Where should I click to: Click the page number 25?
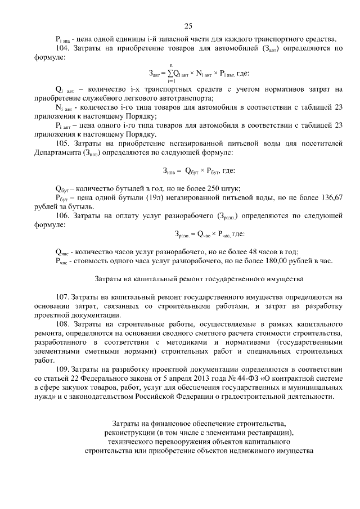point(188,25)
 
